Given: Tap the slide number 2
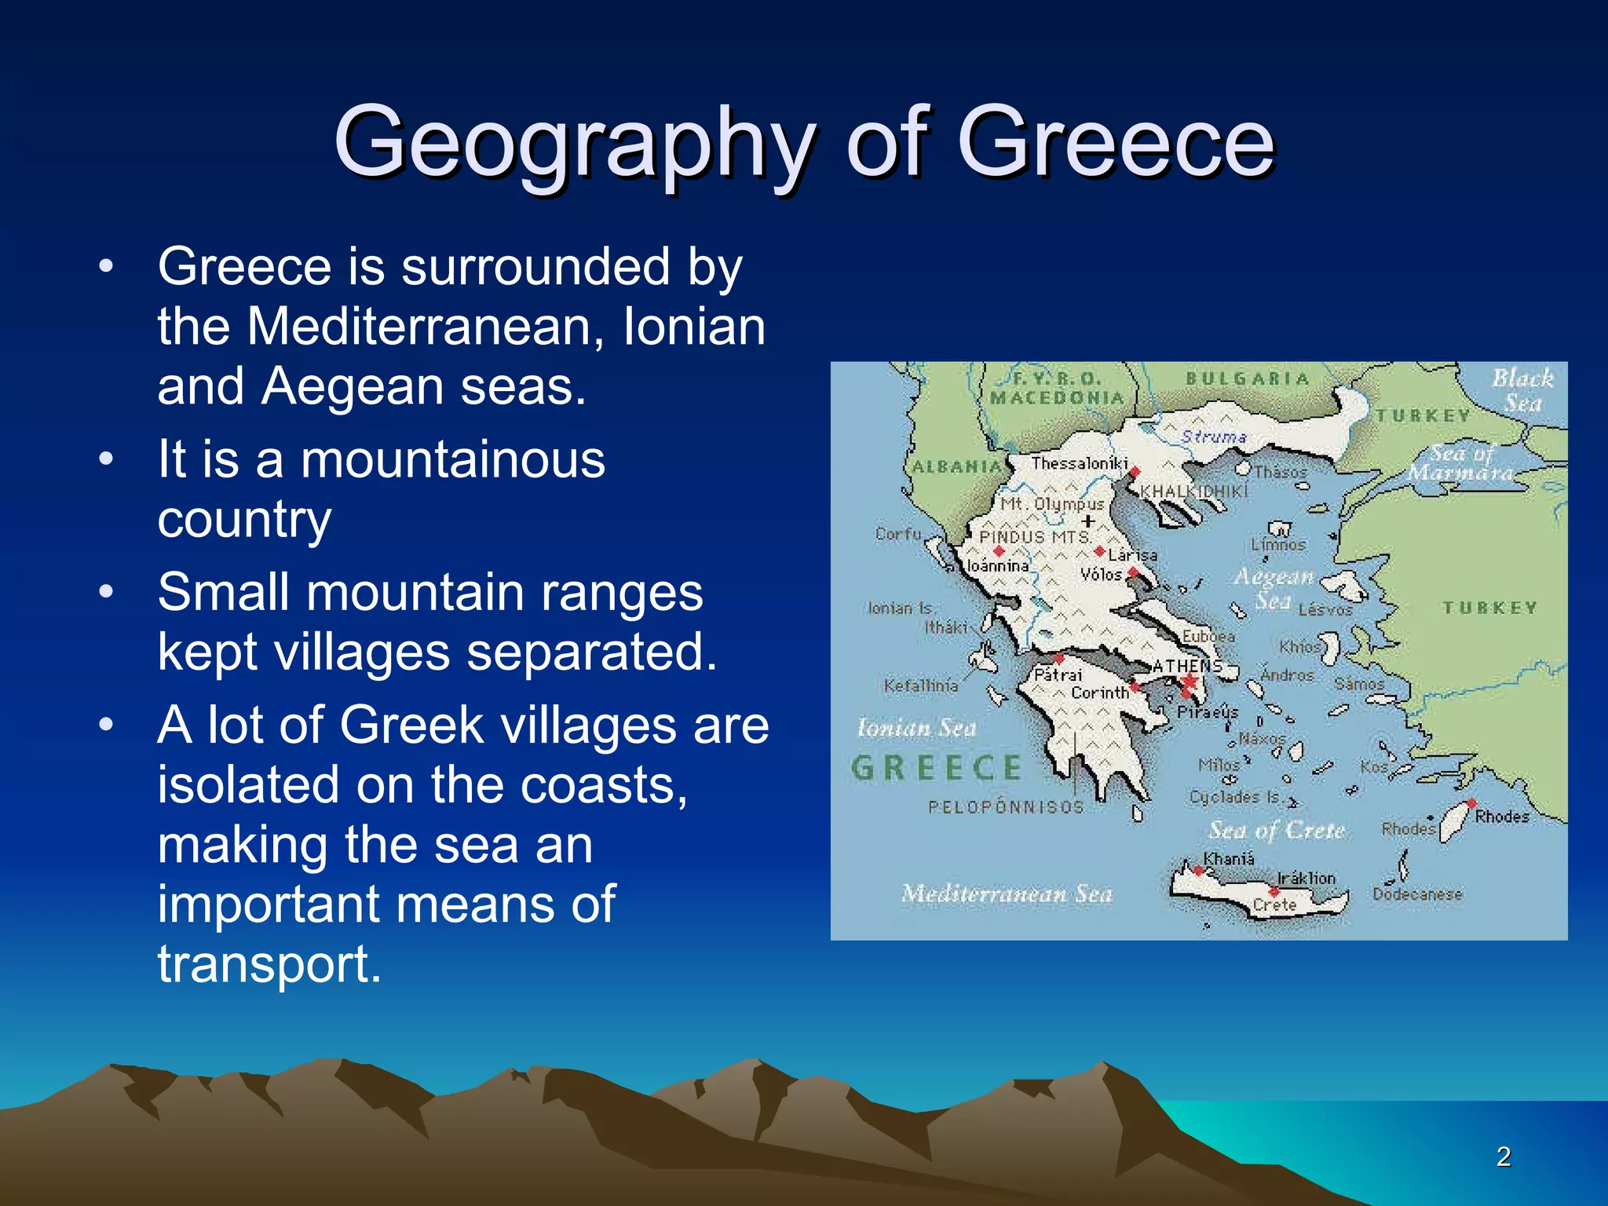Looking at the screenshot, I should click(x=1503, y=1157).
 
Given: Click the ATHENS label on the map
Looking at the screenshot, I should click(x=1187, y=666).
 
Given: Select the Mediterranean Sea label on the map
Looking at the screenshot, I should click(x=1007, y=894).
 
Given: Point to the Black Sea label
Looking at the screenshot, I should click(x=1522, y=390).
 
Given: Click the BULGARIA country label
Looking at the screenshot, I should click(x=1248, y=378).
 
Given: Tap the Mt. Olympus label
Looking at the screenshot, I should click(x=1052, y=503).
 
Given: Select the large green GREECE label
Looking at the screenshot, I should click(x=937, y=768).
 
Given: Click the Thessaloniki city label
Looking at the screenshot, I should click(x=1079, y=463).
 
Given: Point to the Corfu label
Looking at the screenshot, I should click(x=898, y=534).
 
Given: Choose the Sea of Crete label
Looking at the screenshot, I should click(x=1277, y=831).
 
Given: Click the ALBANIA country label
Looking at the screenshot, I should click(x=957, y=466).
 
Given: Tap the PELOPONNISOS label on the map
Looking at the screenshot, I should click(x=1006, y=807).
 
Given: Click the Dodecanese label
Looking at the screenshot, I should click(x=1417, y=894).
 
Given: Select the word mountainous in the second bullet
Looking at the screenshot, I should click(x=453, y=459).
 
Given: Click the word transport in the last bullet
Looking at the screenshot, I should click(x=269, y=964).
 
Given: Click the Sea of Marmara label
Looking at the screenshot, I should click(x=1461, y=463).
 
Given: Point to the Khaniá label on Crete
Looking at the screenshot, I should click(x=1229, y=859).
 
